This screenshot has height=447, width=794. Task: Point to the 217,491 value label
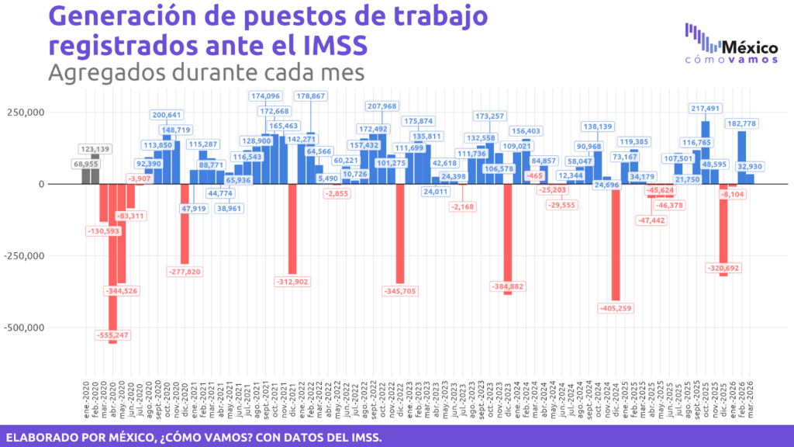706,109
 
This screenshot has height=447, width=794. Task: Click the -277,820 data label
185,272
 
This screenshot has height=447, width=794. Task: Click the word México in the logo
749,45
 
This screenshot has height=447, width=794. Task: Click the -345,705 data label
400,291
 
